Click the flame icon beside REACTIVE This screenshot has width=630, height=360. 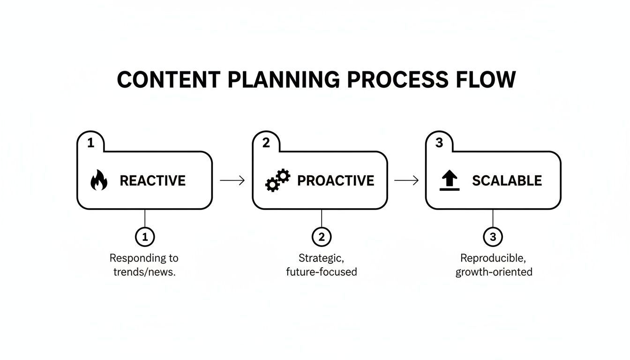[x=98, y=180]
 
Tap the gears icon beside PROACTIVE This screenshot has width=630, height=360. [x=277, y=180]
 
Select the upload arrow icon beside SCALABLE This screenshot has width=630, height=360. [x=450, y=180]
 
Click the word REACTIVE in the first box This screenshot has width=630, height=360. [x=152, y=181]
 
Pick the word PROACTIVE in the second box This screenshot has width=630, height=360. [x=336, y=181]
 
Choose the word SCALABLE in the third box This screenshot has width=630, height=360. [x=507, y=181]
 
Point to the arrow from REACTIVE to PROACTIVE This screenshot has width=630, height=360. [x=232, y=180]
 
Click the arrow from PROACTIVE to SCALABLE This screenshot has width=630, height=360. [x=406, y=180]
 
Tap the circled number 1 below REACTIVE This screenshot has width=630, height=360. [x=145, y=237]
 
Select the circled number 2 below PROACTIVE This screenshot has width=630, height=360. [x=322, y=237]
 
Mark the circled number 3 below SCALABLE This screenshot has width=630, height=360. [x=493, y=237]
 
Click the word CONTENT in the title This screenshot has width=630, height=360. [x=168, y=80]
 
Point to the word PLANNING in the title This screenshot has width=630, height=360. [x=283, y=80]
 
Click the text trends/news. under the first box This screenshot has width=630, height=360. [x=144, y=272]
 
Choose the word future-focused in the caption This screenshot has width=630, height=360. [x=322, y=272]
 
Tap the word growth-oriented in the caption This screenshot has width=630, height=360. [x=494, y=272]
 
